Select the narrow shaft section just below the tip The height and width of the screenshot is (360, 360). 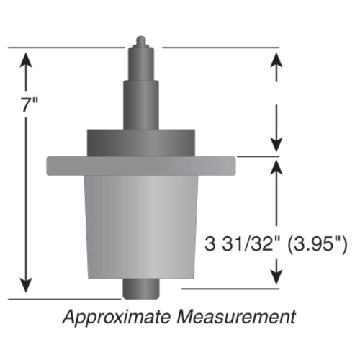tap(140, 61)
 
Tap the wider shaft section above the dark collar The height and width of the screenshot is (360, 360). tap(140, 104)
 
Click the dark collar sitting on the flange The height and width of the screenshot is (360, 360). tap(140, 142)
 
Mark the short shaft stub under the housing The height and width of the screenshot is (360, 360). tap(140, 289)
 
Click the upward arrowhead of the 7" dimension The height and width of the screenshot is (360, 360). tap(27, 58)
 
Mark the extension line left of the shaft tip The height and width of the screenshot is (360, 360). tap(65, 48)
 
